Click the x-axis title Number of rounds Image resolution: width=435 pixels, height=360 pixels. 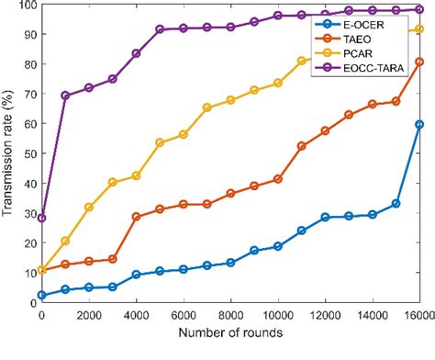231,350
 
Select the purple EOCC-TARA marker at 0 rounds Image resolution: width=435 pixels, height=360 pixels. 41,218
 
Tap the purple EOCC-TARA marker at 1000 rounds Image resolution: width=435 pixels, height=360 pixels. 65,96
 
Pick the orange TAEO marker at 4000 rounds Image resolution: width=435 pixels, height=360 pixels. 136,217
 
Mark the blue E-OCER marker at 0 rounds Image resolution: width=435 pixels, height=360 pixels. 41,295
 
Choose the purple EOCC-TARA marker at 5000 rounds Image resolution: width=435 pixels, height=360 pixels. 160,29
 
